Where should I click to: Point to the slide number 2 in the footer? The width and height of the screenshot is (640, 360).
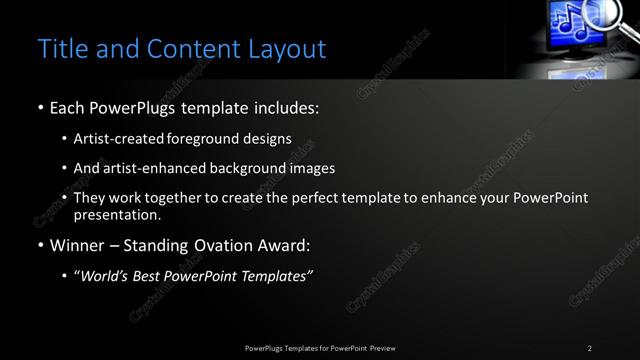pyautogui.click(x=589, y=347)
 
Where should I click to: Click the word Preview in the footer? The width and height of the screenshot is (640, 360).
pyautogui.click(x=379, y=347)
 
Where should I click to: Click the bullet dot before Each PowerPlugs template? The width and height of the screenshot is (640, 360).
pyautogui.click(x=40, y=107)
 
